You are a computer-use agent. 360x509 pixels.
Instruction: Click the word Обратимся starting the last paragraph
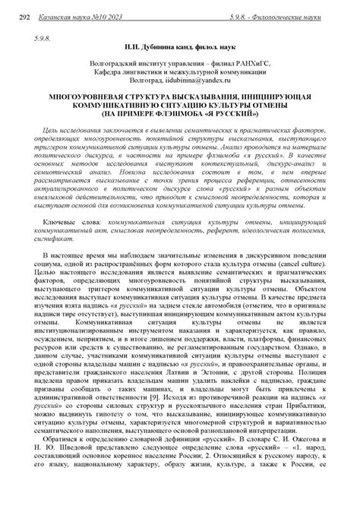[x=66, y=462]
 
